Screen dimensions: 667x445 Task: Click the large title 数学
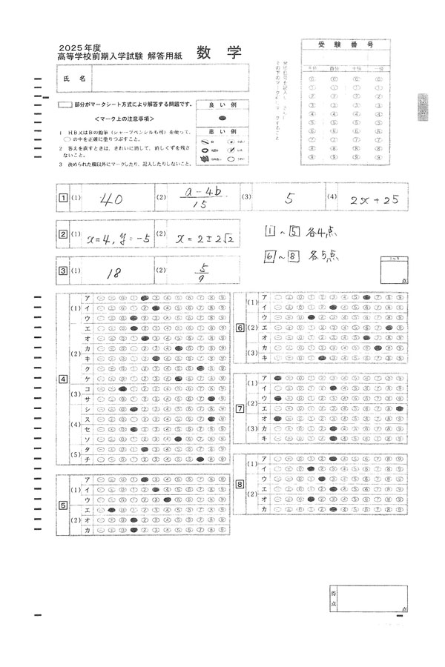pyautogui.click(x=220, y=53)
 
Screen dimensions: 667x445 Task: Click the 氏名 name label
pyautogui.click(x=76, y=78)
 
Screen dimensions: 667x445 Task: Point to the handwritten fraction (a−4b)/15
pyautogui.click(x=201, y=199)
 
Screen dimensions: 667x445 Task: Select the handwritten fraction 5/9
pyautogui.click(x=201, y=273)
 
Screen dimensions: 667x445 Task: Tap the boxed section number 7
pyautogui.click(x=240, y=408)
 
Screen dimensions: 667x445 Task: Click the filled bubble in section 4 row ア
pyautogui.click(x=145, y=297)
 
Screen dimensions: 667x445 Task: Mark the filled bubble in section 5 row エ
pyautogui.click(x=111, y=510)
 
